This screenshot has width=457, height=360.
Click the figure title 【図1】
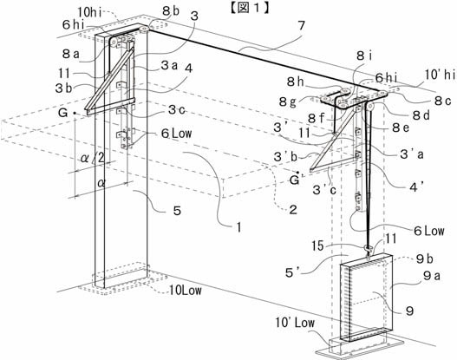pyautogui.click(x=249, y=8)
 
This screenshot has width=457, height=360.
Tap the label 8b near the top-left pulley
pyautogui.click(x=171, y=10)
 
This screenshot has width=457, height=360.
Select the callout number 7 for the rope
pyautogui.click(x=301, y=26)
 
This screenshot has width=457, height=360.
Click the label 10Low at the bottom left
pyautogui.click(x=186, y=291)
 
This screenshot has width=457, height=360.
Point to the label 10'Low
pyautogui.click(x=295, y=323)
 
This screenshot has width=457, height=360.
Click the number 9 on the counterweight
pyautogui.click(x=409, y=311)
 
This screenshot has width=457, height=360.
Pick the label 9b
pyautogui.click(x=424, y=259)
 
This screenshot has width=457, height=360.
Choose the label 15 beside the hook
pyautogui.click(x=317, y=245)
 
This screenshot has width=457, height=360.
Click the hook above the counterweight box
pyautogui.click(x=368, y=250)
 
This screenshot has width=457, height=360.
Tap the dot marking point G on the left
pyautogui.click(x=75, y=113)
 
